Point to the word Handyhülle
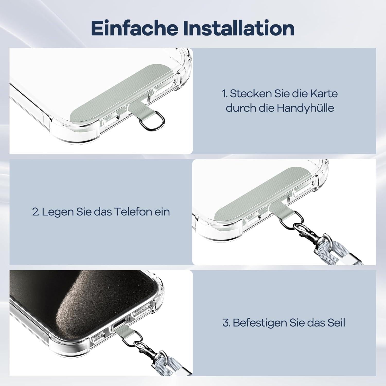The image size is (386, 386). tap(305, 108)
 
